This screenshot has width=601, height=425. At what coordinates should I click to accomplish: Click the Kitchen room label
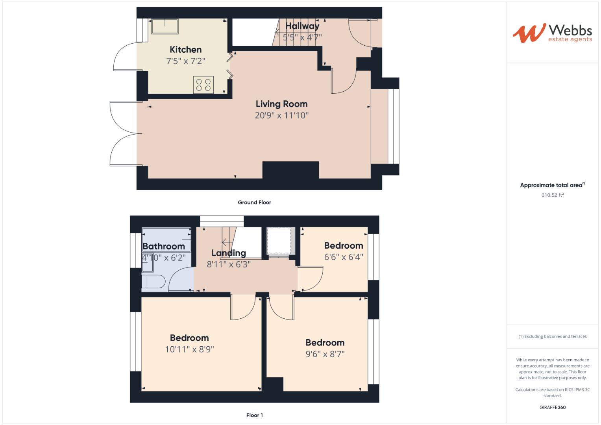185,50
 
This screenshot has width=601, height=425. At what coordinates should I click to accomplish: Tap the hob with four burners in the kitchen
203,85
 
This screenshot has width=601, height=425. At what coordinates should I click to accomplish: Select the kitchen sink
165,26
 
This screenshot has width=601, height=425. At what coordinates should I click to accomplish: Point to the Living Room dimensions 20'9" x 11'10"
281,115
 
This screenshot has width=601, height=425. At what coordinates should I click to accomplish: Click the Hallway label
302,26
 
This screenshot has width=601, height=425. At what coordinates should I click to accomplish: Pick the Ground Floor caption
254,202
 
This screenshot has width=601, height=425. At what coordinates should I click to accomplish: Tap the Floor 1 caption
254,415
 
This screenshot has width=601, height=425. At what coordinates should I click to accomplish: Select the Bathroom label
163,246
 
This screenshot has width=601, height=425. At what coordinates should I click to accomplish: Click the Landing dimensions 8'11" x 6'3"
229,264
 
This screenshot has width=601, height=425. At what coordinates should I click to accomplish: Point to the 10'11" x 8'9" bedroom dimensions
189,349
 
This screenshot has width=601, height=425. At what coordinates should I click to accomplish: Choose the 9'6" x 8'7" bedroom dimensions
325,354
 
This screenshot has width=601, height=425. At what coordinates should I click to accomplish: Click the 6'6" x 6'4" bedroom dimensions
343,257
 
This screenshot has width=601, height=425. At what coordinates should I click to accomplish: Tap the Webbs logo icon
529,33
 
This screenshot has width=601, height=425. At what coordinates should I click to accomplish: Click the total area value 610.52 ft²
552,195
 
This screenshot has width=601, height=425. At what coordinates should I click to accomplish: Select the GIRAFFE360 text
552,407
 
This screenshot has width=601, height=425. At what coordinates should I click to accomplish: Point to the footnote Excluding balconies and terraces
552,336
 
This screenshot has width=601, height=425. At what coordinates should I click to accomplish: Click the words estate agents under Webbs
570,39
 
